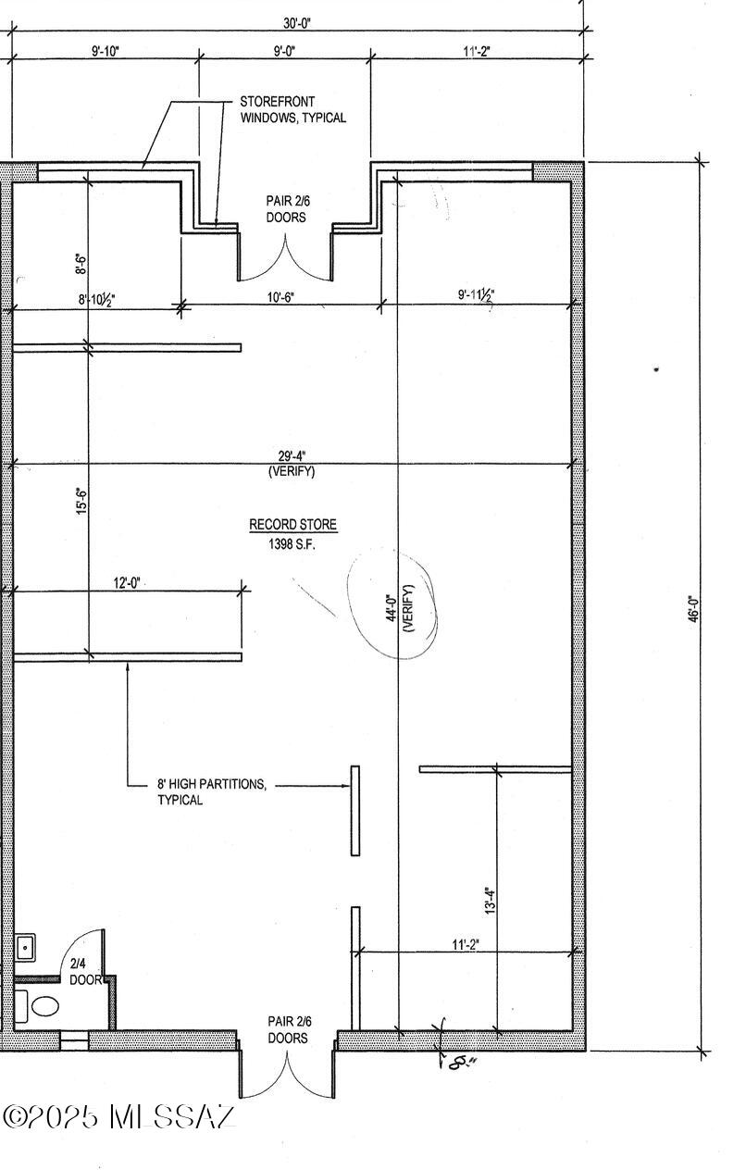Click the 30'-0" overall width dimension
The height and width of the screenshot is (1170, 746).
click(x=297, y=23)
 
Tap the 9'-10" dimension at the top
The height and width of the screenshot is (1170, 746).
click(x=106, y=51)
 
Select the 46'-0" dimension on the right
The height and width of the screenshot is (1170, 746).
click(x=693, y=609)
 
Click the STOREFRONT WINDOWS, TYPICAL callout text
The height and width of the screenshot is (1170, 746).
click(x=292, y=109)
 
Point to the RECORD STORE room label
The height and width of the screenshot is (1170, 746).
click(x=292, y=525)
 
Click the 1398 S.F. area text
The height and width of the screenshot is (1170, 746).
click(x=292, y=544)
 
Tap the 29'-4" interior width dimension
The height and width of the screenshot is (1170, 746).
click(x=292, y=456)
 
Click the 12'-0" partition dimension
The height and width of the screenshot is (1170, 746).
click(x=127, y=583)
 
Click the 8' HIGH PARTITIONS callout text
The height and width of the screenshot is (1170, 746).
click(x=212, y=791)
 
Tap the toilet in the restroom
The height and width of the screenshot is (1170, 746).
click(x=45, y=1006)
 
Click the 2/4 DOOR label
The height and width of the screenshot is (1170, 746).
click(x=85, y=972)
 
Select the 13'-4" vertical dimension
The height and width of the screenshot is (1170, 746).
click(x=490, y=901)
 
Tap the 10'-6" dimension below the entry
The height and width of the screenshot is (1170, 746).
click(x=281, y=297)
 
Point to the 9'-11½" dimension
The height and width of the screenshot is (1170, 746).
click(x=476, y=295)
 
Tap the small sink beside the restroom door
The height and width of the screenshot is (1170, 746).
click(x=25, y=947)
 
